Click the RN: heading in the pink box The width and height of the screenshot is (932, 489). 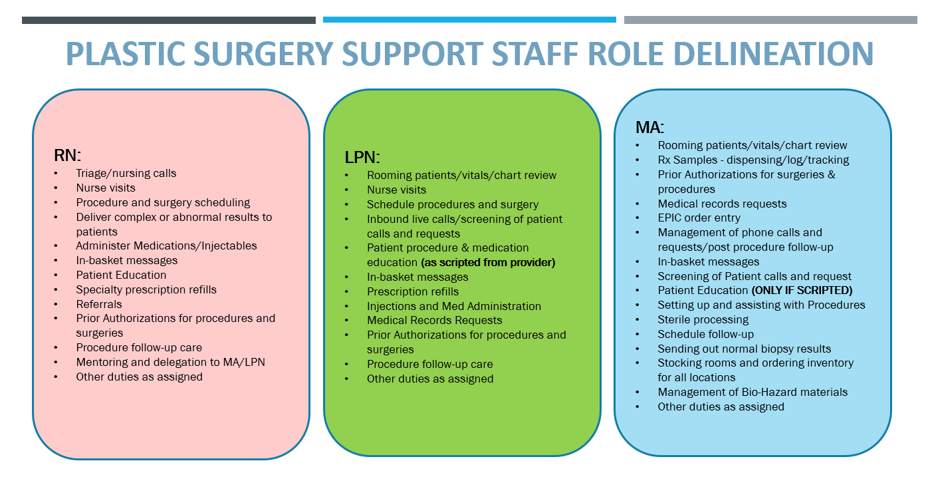click(67, 156)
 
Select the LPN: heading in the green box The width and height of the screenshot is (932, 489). click(362, 158)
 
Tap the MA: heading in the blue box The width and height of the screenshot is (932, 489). click(649, 127)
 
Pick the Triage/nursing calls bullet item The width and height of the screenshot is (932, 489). click(126, 173)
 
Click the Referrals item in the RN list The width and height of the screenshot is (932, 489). click(99, 304)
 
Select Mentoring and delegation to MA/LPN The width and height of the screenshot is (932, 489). click(170, 362)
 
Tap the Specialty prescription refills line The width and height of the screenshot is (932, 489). click(146, 289)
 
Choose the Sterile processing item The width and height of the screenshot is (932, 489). click(703, 319)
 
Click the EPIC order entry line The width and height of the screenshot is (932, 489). click(699, 218)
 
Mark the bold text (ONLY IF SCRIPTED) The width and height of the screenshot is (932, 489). click(802, 290)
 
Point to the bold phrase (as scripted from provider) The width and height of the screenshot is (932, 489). click(488, 262)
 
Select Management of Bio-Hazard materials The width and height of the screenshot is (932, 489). click(753, 392)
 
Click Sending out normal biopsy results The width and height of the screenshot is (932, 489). click(744, 349)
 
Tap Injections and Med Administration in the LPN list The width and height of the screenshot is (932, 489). click(454, 306)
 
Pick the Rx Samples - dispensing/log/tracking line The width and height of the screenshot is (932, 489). click(753, 160)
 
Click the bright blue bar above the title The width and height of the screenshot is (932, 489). click(469, 20)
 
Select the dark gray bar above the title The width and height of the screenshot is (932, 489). click(168, 20)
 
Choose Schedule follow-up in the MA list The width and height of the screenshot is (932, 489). click(705, 334)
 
